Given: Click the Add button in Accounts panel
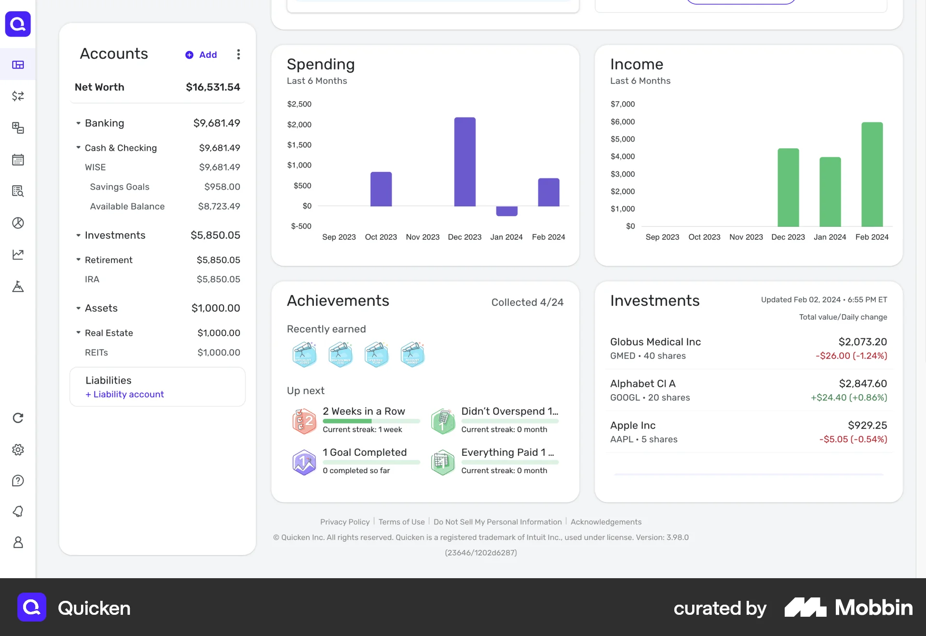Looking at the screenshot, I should (202, 55).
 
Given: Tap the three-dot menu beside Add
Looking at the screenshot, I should (238, 54).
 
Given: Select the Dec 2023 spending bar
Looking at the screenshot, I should (464, 161).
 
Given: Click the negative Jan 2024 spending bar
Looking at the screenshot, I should (506, 211).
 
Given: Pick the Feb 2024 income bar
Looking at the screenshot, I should (872, 174).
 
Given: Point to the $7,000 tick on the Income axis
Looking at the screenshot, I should (623, 104).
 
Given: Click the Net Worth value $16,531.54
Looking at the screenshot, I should (213, 87).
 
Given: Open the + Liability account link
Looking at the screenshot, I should (125, 394).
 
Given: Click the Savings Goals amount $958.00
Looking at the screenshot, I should (222, 187).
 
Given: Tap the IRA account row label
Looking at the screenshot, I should (92, 279).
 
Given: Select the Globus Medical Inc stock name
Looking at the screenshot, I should (655, 342).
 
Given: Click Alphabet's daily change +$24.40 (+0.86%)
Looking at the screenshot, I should (848, 397).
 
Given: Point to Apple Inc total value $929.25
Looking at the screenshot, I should (867, 425).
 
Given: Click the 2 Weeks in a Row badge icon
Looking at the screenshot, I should (304, 421).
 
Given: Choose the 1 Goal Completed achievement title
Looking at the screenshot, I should (365, 452).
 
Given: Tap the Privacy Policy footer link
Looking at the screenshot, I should (344, 522).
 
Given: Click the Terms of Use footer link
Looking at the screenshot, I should (401, 522).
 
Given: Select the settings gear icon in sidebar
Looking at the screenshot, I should (18, 450).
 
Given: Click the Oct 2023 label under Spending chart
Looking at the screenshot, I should (381, 237).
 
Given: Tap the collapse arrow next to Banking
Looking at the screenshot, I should (78, 123).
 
